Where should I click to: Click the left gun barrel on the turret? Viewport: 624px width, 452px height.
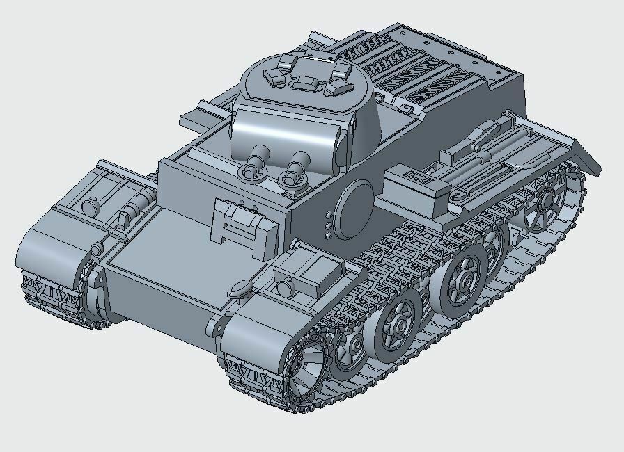[x=259, y=156]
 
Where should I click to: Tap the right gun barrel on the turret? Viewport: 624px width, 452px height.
[x=299, y=162]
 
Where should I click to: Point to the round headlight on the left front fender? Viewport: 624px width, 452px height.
[x=89, y=207]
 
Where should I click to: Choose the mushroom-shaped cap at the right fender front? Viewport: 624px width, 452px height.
[x=242, y=285]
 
